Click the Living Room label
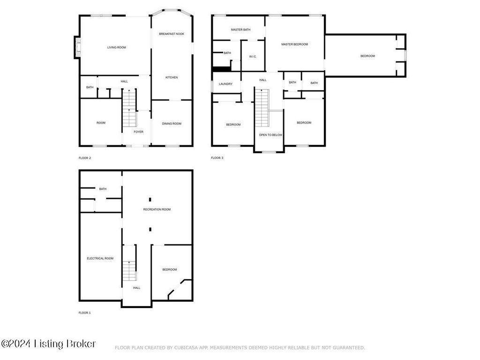(x=117, y=47)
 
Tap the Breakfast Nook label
(x=172, y=34)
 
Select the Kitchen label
(x=172, y=77)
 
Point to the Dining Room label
(x=172, y=124)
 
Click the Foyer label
(x=138, y=132)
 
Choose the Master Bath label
(x=240, y=30)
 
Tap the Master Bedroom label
(x=294, y=45)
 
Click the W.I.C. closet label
(x=253, y=57)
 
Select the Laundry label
(x=225, y=84)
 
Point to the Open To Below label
(x=270, y=135)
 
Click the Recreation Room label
(x=157, y=210)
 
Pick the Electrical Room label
(x=100, y=258)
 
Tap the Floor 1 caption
(x=85, y=313)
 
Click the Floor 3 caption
(x=217, y=158)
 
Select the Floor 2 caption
(x=85, y=158)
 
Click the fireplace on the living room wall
(x=77, y=47)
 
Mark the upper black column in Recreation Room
(x=150, y=200)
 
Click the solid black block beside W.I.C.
(x=221, y=69)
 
